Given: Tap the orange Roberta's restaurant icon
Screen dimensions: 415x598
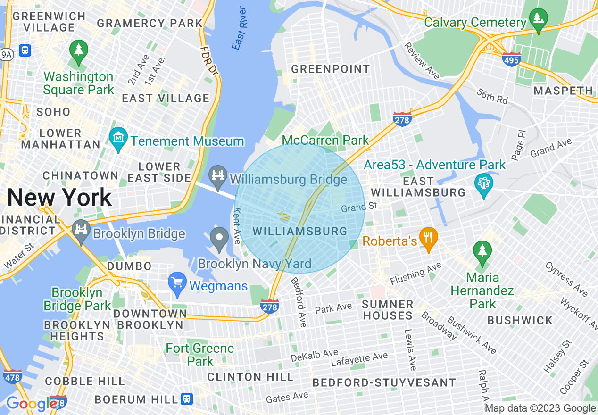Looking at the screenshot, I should click(428, 240).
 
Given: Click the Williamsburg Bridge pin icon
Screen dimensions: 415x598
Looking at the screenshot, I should click(218, 177).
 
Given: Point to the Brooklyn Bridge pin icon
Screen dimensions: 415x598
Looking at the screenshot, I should click(82, 232).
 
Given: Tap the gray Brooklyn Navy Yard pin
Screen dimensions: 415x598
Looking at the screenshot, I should click(219, 239).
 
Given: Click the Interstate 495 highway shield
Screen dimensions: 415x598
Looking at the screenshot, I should click(512, 59).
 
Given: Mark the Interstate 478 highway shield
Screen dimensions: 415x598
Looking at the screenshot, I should click(12, 376).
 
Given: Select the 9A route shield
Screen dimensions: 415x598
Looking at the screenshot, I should click(7, 55).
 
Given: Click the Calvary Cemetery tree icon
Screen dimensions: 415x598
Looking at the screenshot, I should click(538, 20).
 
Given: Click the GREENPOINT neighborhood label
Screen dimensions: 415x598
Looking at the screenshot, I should click(330, 69).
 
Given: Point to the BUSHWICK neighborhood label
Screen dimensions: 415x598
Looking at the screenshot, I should click(520, 321).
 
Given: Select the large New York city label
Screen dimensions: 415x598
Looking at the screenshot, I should click(59, 197).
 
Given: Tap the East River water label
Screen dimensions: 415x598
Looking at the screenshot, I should click(240, 28).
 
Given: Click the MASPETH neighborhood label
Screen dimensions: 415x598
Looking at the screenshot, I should click(563, 91).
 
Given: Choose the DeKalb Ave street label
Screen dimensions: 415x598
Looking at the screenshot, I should click(315, 355).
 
